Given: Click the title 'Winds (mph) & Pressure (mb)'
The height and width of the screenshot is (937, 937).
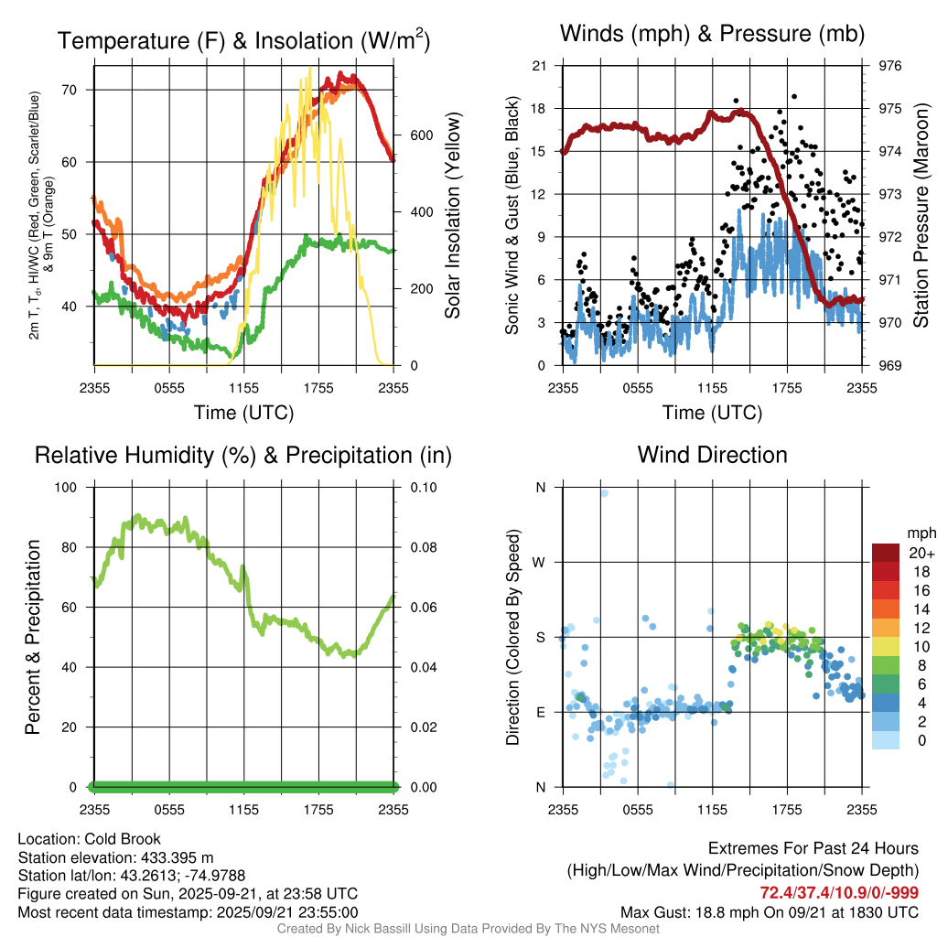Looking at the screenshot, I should pos(712,35).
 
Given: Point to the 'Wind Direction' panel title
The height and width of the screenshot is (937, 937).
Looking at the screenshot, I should pos(712,455).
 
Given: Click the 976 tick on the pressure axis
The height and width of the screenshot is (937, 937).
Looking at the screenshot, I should pos(890,66).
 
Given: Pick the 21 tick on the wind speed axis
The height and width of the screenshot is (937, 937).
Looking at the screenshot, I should pos(539,66).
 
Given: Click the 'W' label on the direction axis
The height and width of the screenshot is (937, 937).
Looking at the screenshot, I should pos(540,562).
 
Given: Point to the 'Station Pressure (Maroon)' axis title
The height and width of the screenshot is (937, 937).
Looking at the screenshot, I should pos(921,216).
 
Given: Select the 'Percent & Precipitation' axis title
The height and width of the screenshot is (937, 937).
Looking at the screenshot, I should pos(33,637).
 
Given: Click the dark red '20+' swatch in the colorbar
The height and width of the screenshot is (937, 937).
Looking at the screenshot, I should pos(886,553).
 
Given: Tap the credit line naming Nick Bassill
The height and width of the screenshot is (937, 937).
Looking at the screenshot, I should pos(468,929).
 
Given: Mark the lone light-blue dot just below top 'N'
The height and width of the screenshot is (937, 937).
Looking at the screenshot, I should pos(604,493).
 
